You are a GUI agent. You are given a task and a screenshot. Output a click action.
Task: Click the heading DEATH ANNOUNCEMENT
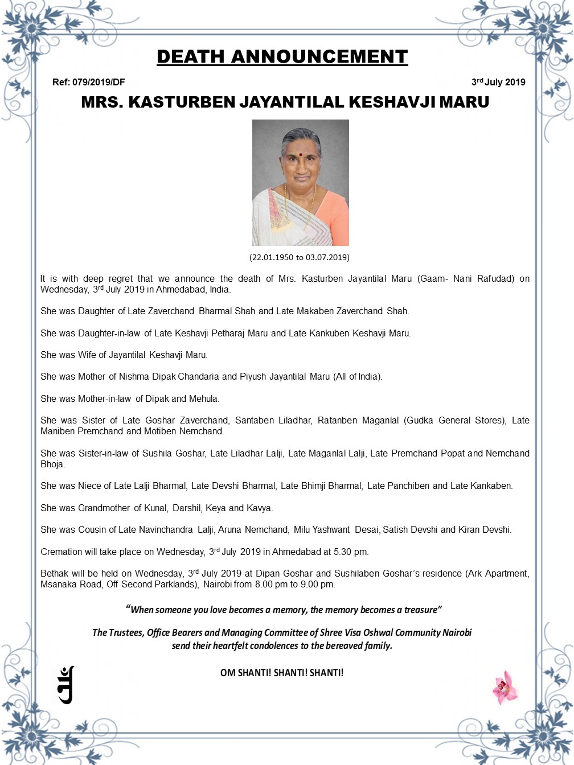coord(282,57)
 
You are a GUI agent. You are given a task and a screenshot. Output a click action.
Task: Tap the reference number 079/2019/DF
coord(99,83)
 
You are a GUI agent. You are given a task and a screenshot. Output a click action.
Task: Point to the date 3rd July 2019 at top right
coord(498,83)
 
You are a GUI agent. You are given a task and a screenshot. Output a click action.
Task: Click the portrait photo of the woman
coord(300,182)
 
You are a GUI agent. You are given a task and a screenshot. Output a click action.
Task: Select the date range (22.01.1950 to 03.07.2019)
coord(300,257)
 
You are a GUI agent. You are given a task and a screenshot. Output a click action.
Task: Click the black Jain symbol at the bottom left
coord(66,685)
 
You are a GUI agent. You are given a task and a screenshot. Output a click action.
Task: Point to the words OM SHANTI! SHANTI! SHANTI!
coord(282,673)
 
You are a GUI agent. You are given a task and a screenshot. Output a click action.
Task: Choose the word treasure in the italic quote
coord(421,610)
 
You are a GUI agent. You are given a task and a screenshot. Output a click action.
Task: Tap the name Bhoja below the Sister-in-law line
coord(52,464)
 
